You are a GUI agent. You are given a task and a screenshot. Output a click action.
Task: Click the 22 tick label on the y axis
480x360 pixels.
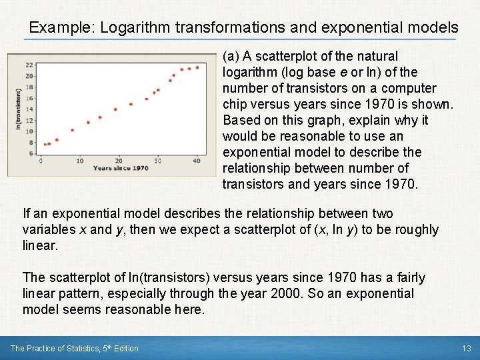[29, 65]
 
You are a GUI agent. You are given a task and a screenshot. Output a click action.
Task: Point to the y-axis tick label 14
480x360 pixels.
[29, 109]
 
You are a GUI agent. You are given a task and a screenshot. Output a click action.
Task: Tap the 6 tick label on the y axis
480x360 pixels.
[31, 153]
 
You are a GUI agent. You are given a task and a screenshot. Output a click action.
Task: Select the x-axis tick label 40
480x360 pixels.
[197, 161]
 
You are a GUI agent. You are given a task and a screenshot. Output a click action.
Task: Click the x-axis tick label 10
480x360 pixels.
[79, 161]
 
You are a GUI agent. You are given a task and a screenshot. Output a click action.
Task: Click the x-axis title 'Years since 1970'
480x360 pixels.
[121, 169]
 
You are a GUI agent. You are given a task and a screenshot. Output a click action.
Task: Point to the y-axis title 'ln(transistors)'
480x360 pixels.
[17, 109]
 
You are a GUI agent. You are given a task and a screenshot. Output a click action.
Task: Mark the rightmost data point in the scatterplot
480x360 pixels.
[197, 67]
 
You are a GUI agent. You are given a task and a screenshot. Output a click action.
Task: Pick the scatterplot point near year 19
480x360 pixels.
[115, 109]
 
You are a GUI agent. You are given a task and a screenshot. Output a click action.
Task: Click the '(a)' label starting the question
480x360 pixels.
[231, 57]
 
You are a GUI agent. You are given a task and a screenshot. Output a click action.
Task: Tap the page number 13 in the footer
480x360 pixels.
[466, 348]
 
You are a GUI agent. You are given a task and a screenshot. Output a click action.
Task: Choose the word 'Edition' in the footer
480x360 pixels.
[125, 348]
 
